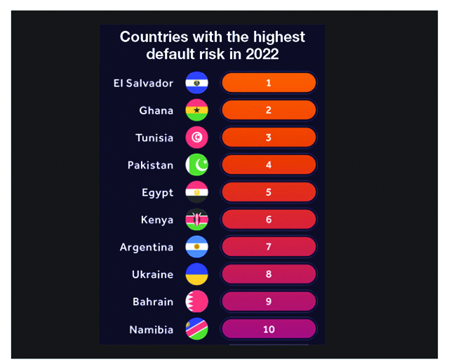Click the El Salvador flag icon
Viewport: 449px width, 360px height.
click(x=196, y=83)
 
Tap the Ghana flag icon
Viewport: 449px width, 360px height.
click(x=196, y=110)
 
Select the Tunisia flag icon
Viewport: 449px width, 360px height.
click(x=196, y=138)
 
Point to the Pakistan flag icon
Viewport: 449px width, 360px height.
click(x=196, y=165)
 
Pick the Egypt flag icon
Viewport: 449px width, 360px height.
click(x=196, y=192)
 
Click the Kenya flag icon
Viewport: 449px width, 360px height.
click(x=196, y=220)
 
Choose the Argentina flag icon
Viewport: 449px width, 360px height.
click(x=196, y=247)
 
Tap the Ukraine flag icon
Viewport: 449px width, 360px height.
click(x=196, y=274)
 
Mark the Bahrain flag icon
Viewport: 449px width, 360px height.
click(x=196, y=302)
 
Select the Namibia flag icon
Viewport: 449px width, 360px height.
click(x=196, y=329)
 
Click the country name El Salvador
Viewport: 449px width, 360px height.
click(x=143, y=83)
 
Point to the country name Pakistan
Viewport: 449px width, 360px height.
click(x=150, y=166)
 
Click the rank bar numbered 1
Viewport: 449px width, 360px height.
click(x=269, y=83)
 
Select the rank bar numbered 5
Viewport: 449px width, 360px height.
click(x=269, y=192)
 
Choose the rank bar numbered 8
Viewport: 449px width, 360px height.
click(x=269, y=274)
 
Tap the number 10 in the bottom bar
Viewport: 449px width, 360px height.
click(x=269, y=329)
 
